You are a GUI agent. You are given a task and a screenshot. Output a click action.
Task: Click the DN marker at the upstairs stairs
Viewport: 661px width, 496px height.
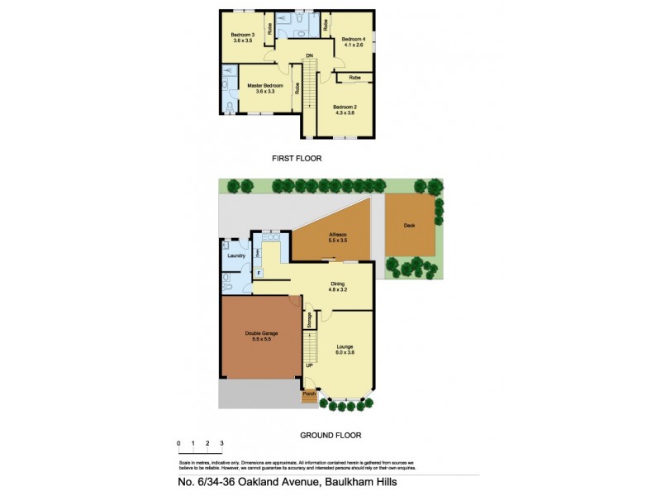309,55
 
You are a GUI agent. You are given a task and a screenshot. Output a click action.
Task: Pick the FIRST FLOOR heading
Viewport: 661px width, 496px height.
297,157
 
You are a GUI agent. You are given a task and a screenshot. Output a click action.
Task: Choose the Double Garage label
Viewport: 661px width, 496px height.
261,334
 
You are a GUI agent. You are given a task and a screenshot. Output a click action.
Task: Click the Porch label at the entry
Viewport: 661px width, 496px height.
309,394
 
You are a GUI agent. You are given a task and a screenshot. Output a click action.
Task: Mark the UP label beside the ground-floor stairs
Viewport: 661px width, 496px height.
310,365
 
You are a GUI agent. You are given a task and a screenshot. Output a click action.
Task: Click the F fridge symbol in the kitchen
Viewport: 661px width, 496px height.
259,273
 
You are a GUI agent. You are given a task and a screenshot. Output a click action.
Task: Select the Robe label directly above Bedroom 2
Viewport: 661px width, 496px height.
354,78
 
